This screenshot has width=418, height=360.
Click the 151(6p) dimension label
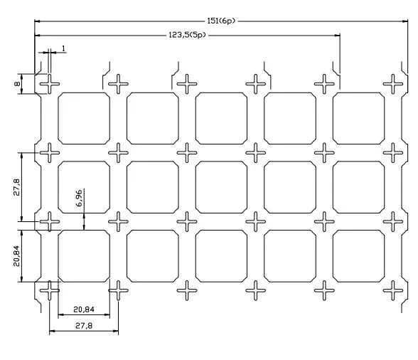pos(221,21)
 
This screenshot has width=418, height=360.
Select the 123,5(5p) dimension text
pos(188,35)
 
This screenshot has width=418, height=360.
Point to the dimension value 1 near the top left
pos(63,48)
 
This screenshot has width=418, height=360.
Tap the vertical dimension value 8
pos(17,84)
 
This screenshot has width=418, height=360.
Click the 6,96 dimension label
pos(79,198)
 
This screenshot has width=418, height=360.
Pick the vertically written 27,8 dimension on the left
pos(17,187)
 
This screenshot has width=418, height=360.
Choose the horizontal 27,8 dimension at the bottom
pos(84,326)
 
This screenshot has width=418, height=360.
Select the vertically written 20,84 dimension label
pos(17,256)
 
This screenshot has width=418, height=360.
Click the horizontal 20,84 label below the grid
pos(84,309)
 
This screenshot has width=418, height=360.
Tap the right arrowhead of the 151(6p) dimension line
pos(405,21)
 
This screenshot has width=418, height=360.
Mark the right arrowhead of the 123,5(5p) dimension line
pos(337,35)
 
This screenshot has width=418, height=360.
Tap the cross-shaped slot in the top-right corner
pos(393,84)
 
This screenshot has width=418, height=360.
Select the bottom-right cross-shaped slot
pos(393,290)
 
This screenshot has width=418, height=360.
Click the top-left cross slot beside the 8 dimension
pos(50,84)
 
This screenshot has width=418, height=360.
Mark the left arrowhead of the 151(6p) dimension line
pos(38,21)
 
